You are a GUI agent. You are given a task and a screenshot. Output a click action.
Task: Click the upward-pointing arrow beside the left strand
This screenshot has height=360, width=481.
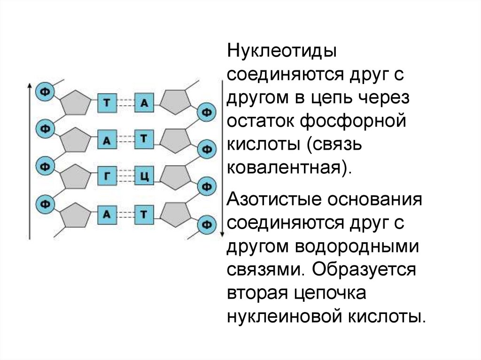coord(30,160)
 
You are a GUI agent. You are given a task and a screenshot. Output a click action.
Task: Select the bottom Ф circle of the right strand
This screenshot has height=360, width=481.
coord(206,224)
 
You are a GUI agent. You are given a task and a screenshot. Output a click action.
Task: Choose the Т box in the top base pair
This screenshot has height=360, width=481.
coord(107,103)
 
